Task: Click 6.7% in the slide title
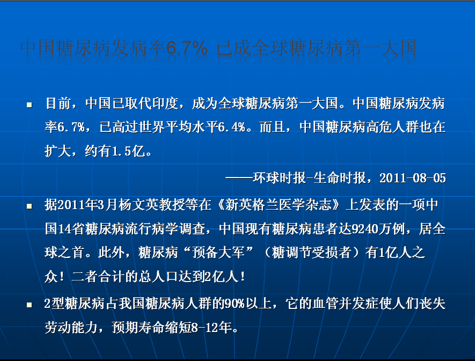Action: tap(187, 48)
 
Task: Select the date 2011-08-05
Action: tap(413, 178)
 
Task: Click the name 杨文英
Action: tap(138, 205)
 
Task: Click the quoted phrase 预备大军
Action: tap(218, 252)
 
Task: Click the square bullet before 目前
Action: tap(30, 105)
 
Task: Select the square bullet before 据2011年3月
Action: tap(30, 207)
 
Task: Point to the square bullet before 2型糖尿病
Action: tap(30, 305)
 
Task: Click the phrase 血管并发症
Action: tap(345, 304)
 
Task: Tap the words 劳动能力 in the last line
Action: tap(71, 327)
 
